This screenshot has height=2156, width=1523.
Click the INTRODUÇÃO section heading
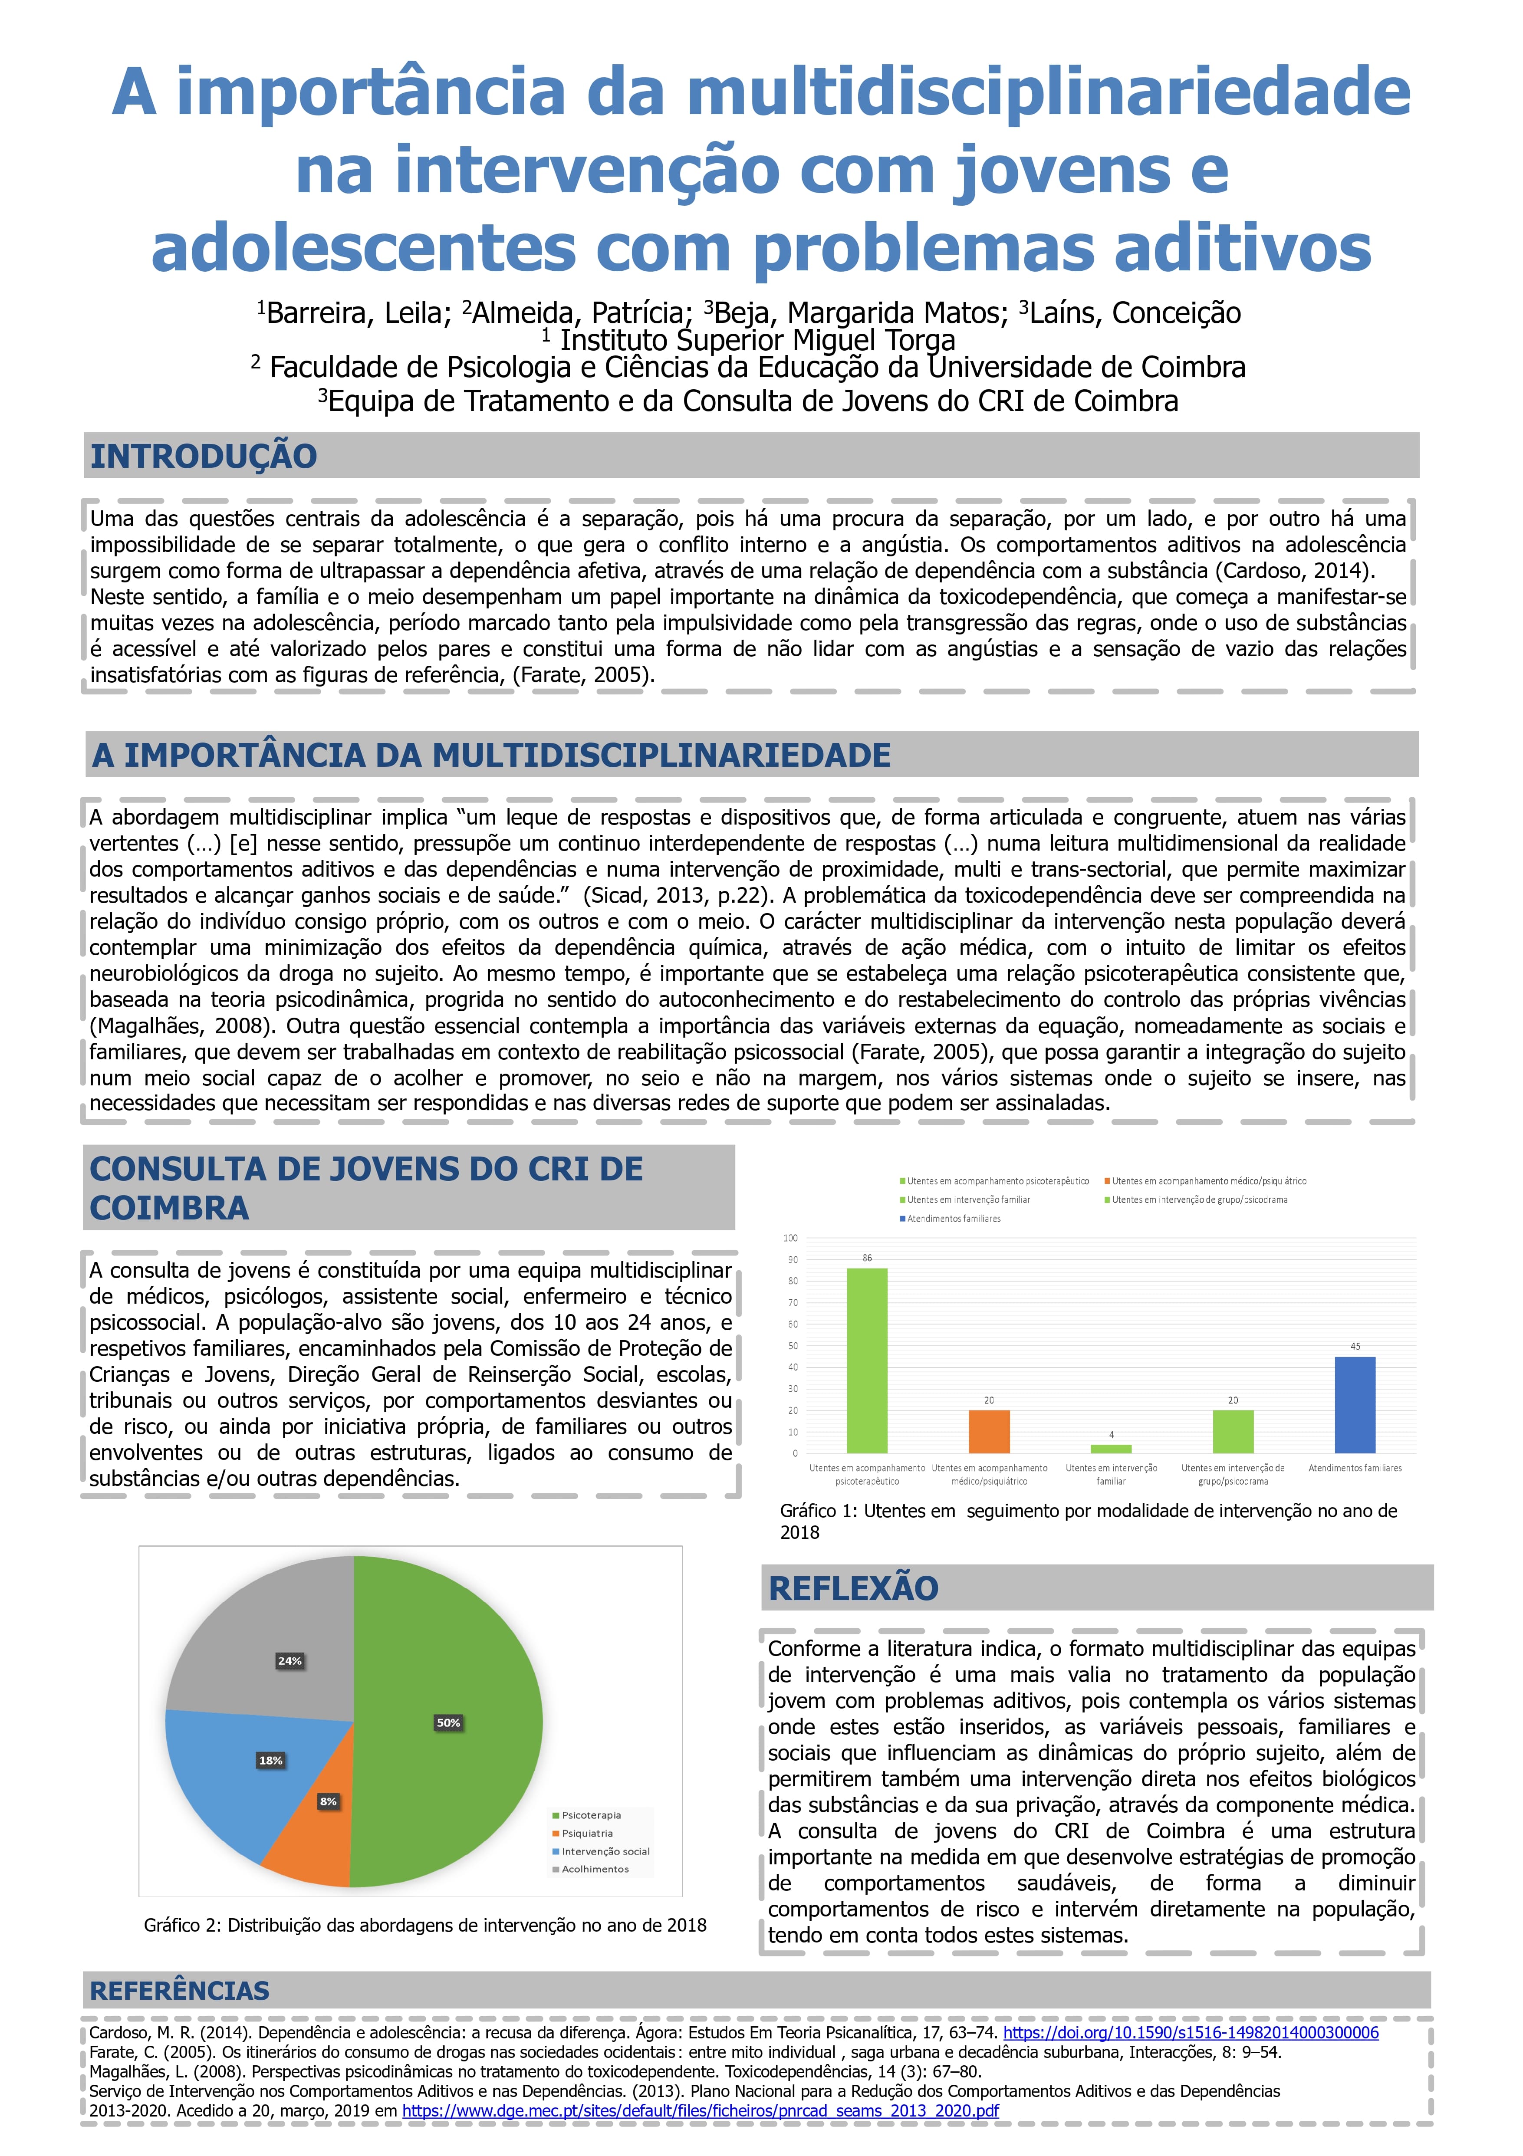click(x=204, y=457)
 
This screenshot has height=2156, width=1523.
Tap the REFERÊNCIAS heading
click(x=179, y=1990)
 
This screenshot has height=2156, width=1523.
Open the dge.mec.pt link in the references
click(x=701, y=2111)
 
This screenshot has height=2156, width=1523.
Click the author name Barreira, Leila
click(x=355, y=313)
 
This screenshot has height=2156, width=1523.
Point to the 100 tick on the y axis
click(x=791, y=1238)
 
